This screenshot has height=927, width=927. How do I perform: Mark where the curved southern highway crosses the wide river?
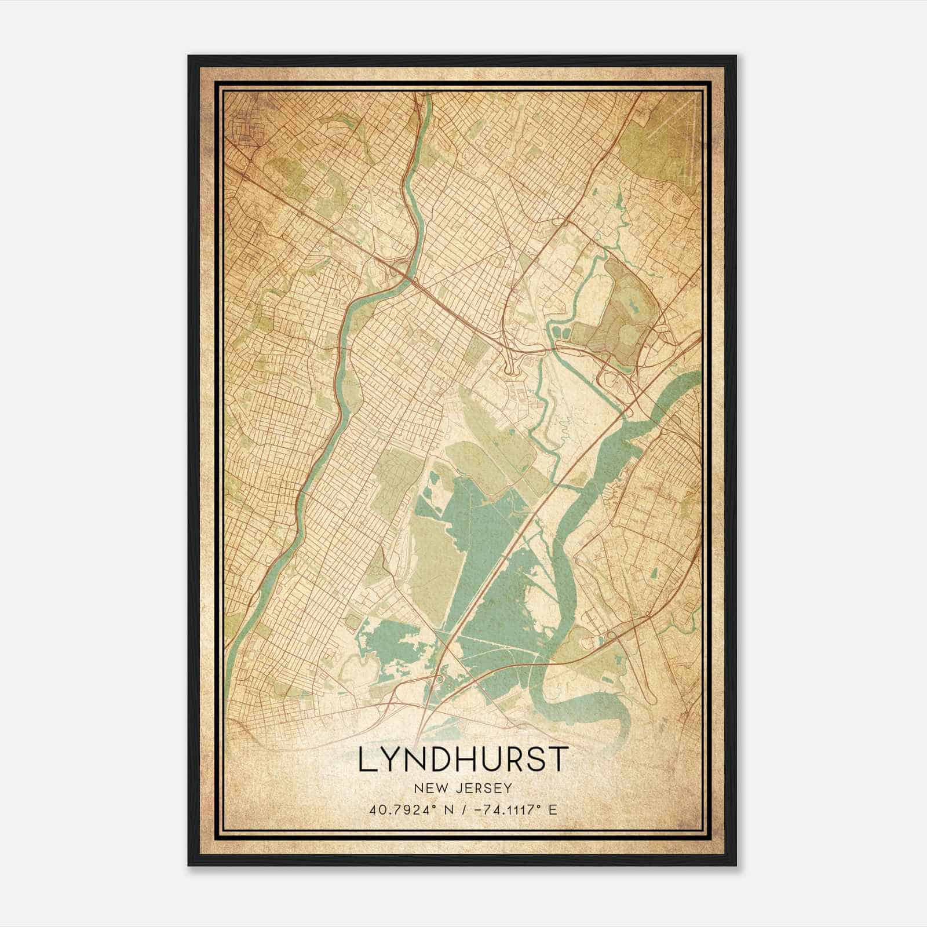tap(555, 660)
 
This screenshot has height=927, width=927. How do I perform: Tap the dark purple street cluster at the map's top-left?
tap(242, 123)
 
